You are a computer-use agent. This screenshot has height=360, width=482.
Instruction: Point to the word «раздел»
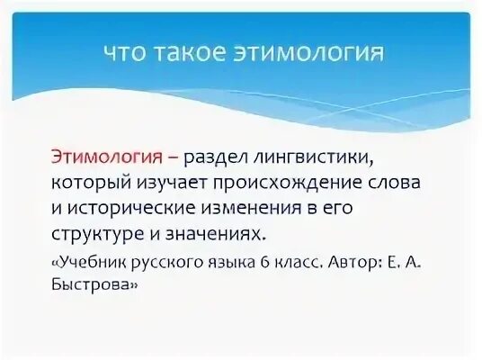[x=228, y=157]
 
